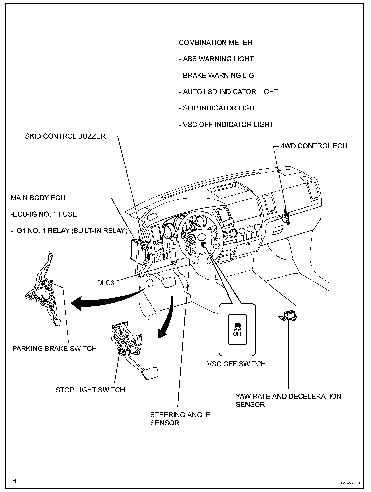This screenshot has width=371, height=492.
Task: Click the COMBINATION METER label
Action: [215, 43]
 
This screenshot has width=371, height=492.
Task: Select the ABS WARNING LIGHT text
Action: [216, 59]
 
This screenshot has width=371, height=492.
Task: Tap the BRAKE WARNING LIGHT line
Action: [221, 75]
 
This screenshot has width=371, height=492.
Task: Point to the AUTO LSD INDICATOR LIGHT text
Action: [228, 92]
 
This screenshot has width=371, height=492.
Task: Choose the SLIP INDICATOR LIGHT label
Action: [219, 108]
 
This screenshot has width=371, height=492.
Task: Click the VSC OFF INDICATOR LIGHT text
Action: [226, 125]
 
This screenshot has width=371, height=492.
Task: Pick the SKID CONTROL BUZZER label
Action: [65, 136]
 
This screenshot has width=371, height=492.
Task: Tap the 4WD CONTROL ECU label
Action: [314, 146]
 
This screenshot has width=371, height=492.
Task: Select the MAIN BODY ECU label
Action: [38, 198]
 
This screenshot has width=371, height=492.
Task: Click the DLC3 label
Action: [106, 283]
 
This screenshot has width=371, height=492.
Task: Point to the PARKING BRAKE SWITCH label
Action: [55, 349]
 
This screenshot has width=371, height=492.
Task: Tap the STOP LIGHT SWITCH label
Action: [90, 390]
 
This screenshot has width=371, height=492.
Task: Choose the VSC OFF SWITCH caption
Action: [236, 364]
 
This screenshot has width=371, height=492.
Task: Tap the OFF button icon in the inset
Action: [237, 329]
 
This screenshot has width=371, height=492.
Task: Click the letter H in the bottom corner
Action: [14, 481]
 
